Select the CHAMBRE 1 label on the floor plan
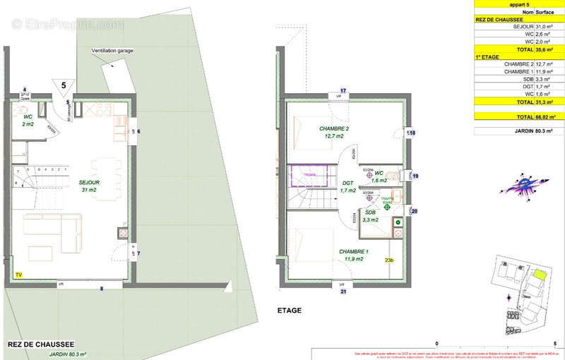(x=353, y=255)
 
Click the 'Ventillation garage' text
(x=112, y=52)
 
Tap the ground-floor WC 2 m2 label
(x=28, y=120)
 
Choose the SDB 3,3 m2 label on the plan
(x=370, y=215)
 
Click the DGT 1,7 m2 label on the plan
(x=347, y=186)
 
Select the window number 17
(x=343, y=91)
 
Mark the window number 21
(x=343, y=291)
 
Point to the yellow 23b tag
(x=388, y=260)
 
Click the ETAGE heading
(x=290, y=310)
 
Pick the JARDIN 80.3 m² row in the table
(x=518, y=131)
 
